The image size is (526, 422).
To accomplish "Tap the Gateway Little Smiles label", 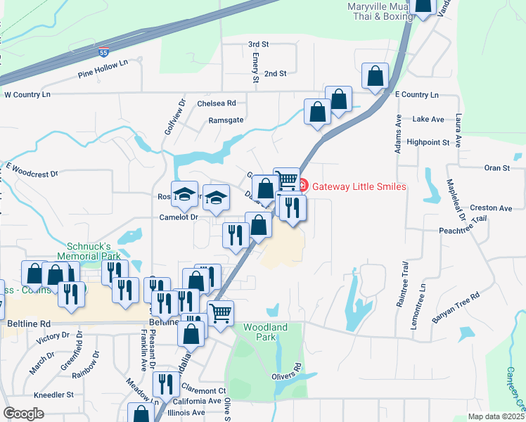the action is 359,186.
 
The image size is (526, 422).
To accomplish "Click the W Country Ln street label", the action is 27,94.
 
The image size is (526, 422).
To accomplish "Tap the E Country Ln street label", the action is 416,94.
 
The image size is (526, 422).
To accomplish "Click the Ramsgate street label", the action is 226,120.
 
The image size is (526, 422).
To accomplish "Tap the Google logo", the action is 24,414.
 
